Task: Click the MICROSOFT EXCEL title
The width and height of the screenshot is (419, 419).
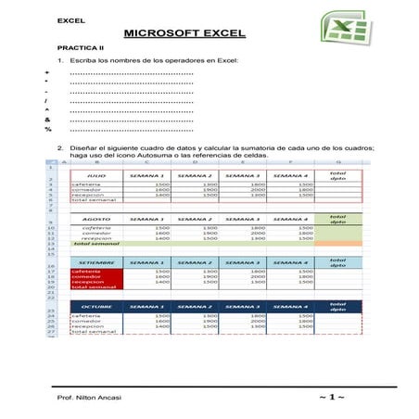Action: click(184, 33)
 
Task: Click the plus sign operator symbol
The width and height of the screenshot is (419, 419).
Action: click(46, 72)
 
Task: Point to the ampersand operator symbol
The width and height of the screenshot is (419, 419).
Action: click(46, 120)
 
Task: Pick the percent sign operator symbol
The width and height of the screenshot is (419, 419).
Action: click(46, 130)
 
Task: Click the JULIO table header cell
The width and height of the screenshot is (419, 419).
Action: click(95, 175)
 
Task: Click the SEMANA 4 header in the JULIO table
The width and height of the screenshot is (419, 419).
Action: click(289, 175)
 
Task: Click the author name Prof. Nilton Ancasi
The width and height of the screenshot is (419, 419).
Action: click(89, 396)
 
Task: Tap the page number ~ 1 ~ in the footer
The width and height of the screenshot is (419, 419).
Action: click(331, 396)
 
